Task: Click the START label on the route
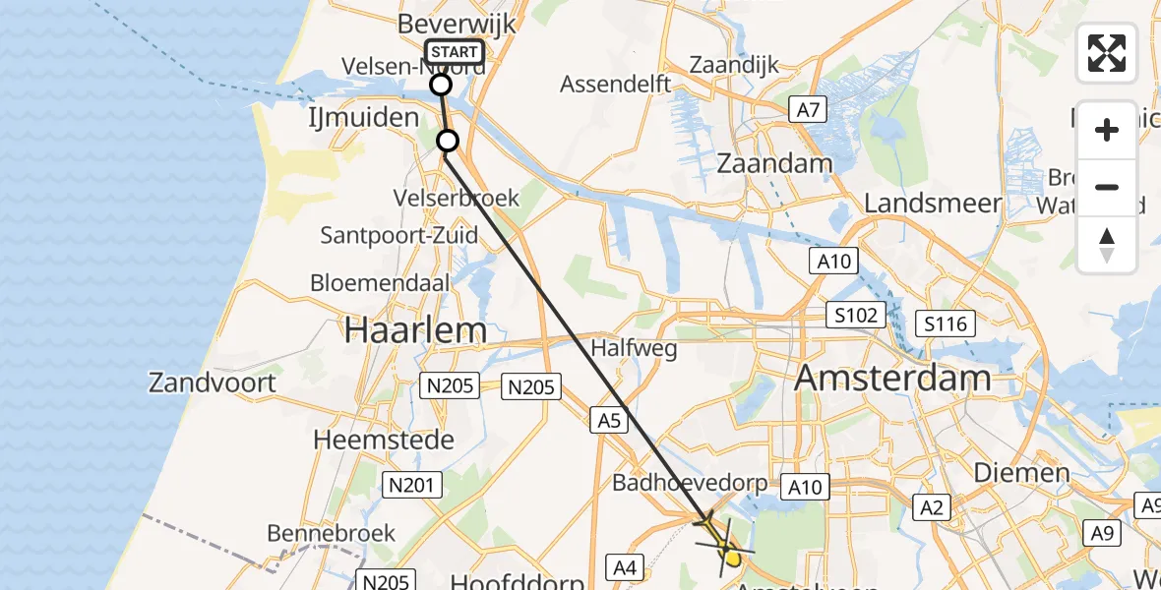point(455,52)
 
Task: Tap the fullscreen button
point(1107,53)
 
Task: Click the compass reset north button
point(1107,245)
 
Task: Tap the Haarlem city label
point(414,330)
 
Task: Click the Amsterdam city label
point(892,377)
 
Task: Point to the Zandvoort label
point(213,382)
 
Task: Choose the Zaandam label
point(775,163)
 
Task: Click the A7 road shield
point(808,110)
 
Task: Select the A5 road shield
point(609,421)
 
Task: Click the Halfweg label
point(624,348)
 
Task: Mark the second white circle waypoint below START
point(448,141)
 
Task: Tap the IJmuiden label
point(362,118)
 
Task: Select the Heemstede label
point(383,440)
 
